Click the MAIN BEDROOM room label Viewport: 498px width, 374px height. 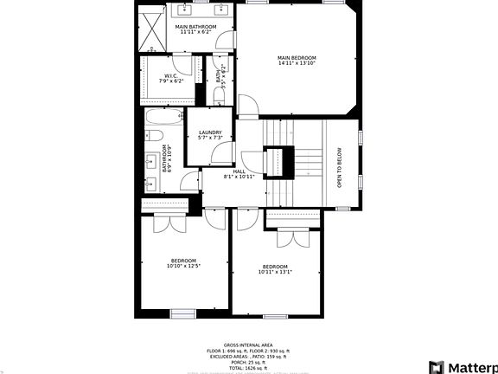pos(297,58)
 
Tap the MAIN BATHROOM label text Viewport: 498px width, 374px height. pos(195,27)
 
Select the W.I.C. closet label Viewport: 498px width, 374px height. pos(170,76)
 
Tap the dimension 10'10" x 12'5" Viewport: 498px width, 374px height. pos(182,266)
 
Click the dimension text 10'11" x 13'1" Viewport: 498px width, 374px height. pos(275,271)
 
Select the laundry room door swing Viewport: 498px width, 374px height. pos(223,152)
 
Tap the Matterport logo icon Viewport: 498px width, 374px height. pos(437,367)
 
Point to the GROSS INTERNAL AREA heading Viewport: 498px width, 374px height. pos(249,344)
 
